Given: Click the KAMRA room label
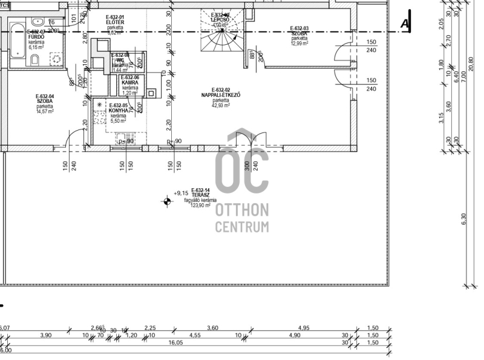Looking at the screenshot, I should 130,82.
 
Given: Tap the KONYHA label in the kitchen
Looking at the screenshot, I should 118,111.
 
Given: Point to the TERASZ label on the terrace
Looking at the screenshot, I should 201,195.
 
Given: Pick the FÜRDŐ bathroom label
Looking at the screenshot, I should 36,36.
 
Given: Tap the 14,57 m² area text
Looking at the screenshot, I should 45,111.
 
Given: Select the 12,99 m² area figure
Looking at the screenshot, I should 299,44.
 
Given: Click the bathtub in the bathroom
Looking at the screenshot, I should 15,43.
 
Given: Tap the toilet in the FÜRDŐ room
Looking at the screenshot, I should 34,59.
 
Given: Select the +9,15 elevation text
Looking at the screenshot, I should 181,193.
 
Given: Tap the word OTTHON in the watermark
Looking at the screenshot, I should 242,210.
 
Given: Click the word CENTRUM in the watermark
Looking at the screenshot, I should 242,227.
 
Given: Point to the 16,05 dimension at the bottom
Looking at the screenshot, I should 175,341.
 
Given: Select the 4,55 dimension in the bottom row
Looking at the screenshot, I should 195,335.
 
